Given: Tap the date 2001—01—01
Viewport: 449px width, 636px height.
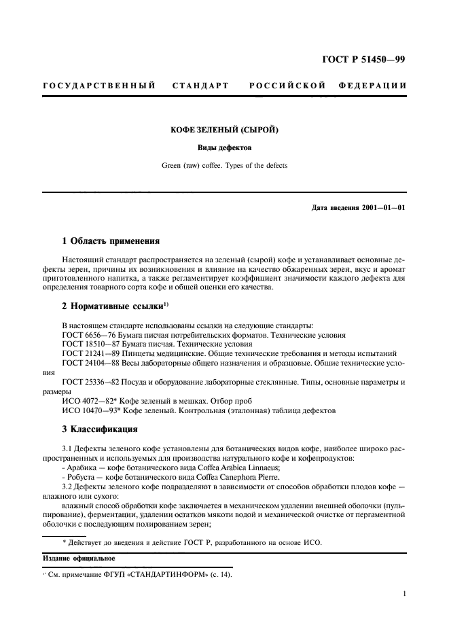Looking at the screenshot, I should click(380, 207).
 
